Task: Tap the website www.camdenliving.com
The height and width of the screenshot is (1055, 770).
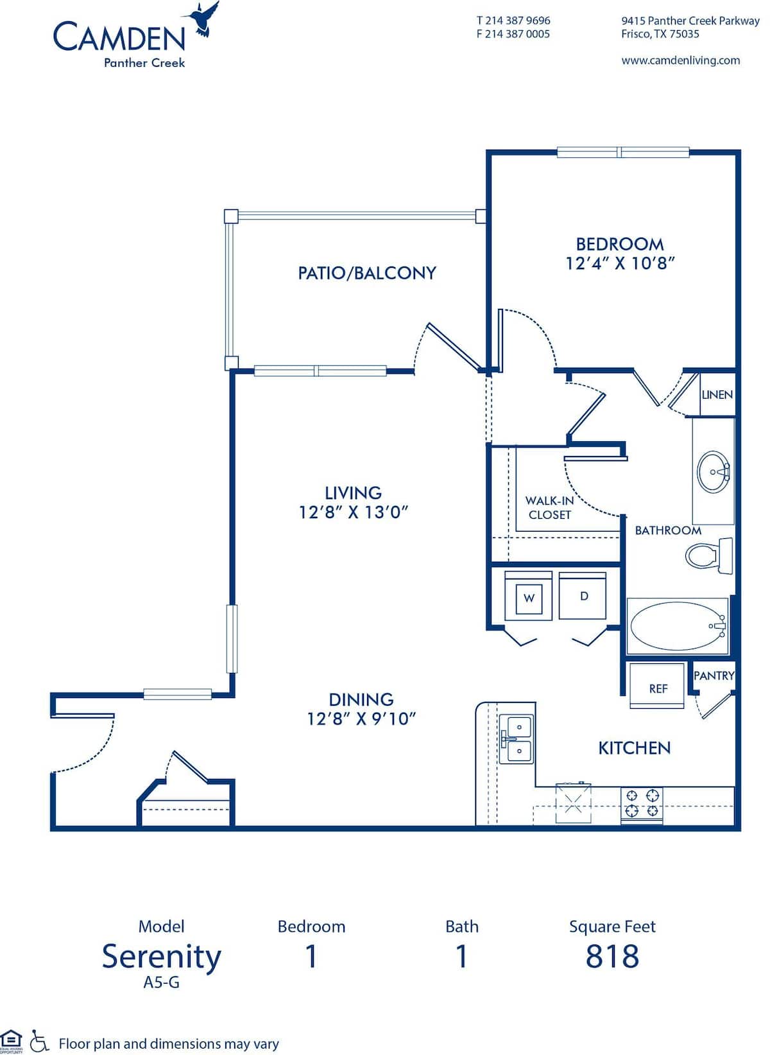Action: pos(680,60)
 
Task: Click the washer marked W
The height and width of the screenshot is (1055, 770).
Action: pos(529,598)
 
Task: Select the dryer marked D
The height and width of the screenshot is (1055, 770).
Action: pos(583,597)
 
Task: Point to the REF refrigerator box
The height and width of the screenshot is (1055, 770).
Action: pos(658,688)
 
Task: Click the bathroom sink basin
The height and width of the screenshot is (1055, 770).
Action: pos(712,472)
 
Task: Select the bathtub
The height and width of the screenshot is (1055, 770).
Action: pos(677,626)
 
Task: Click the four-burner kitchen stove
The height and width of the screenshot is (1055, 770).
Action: pos(642,804)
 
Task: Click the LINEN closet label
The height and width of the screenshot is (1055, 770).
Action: pos(717,394)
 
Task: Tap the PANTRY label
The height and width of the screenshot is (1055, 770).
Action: pos(714,676)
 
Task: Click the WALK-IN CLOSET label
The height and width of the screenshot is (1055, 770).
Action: pos(549,507)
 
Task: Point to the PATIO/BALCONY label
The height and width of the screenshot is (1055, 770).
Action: pos(366,273)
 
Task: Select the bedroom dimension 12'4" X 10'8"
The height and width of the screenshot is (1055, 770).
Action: pos(620,263)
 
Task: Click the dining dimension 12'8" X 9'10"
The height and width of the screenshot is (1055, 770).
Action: pos(361,719)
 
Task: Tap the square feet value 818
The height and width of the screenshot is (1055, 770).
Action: pos(612,956)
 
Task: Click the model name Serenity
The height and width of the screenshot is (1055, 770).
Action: pos(162,956)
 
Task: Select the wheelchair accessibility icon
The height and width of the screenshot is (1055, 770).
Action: pos(40,1042)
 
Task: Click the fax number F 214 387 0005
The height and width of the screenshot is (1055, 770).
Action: pos(513,34)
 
